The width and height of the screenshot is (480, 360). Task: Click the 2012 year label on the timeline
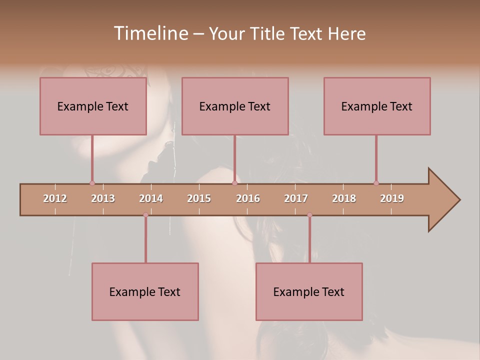click(x=55, y=198)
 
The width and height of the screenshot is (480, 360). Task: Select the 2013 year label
click(x=103, y=198)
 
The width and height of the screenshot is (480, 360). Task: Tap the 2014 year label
click(x=151, y=198)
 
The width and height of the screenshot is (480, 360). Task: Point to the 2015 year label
click(x=199, y=198)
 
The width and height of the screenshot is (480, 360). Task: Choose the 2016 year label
click(x=248, y=198)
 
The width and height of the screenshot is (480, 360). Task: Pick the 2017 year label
click(x=296, y=198)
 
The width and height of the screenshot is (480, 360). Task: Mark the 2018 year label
click(x=344, y=198)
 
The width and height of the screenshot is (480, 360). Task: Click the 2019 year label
click(x=392, y=198)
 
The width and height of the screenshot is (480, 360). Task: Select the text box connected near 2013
click(x=93, y=106)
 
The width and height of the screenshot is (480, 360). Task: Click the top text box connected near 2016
click(x=235, y=106)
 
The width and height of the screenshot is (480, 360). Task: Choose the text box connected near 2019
click(x=377, y=106)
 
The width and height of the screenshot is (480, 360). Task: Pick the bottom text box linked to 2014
click(x=145, y=292)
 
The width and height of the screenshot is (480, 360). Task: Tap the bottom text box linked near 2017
click(x=309, y=292)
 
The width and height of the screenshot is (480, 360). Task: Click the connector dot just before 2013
click(x=92, y=183)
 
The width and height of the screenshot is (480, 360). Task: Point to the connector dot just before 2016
click(x=234, y=183)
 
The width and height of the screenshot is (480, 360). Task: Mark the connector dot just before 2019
click(x=376, y=183)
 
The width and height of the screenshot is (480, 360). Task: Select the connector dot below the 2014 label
click(x=145, y=215)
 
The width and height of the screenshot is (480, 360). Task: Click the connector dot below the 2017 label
click(x=309, y=215)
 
